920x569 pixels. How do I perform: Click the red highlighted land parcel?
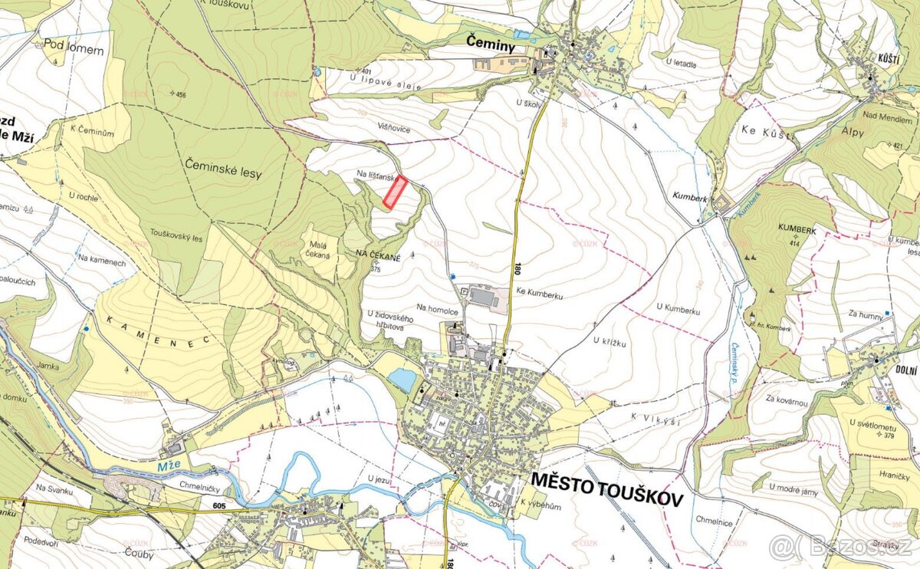(x=395, y=192)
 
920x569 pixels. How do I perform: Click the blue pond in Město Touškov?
(x=402, y=379)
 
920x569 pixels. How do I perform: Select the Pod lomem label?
(x=74, y=50)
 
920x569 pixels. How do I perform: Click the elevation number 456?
(x=180, y=95)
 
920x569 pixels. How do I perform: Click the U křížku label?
(x=610, y=343)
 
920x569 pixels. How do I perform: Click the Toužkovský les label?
(x=176, y=238)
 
